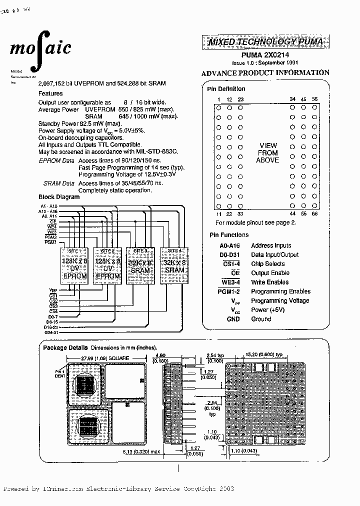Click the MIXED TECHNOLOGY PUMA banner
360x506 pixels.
click(265, 42)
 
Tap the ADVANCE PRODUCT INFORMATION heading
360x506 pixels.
click(265, 73)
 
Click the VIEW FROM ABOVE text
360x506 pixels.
click(267, 152)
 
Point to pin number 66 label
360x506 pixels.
click(314, 213)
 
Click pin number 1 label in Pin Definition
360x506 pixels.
click(218, 99)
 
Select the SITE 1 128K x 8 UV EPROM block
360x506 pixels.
click(74, 266)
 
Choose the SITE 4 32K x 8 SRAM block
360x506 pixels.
click(175, 266)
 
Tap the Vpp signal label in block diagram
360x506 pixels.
click(53, 289)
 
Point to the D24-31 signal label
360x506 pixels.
click(51, 332)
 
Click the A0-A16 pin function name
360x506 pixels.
click(229, 245)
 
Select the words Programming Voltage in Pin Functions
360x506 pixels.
click(280, 300)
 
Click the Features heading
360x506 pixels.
click(50, 93)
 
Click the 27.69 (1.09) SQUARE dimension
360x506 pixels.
click(105, 358)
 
